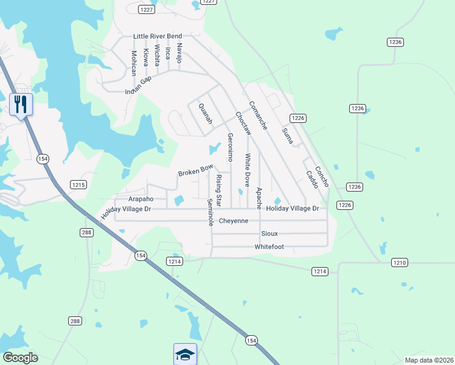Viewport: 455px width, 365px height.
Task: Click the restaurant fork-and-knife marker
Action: tap(21, 105)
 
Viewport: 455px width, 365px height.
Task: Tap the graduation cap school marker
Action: tap(185, 353)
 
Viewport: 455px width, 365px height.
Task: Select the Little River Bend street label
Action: tap(158, 36)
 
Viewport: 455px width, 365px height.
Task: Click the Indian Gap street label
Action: tap(137, 86)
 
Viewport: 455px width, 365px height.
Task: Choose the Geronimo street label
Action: tap(230, 147)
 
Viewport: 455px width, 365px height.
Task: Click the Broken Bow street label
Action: tap(195, 170)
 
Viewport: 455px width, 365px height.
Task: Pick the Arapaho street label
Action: tap(141, 199)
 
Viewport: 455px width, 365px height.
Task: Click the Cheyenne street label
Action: tap(234, 221)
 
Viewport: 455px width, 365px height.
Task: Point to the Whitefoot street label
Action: tap(269, 247)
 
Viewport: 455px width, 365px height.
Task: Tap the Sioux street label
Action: tap(269, 234)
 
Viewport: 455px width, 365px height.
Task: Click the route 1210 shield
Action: tap(399, 262)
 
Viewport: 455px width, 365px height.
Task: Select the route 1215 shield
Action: tap(78, 184)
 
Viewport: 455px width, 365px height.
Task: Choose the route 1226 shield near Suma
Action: tap(297, 118)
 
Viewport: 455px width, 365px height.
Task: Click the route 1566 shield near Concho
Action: tap(345, 205)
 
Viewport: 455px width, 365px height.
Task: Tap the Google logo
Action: tap(20, 358)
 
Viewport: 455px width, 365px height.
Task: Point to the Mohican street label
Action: tap(134, 63)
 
